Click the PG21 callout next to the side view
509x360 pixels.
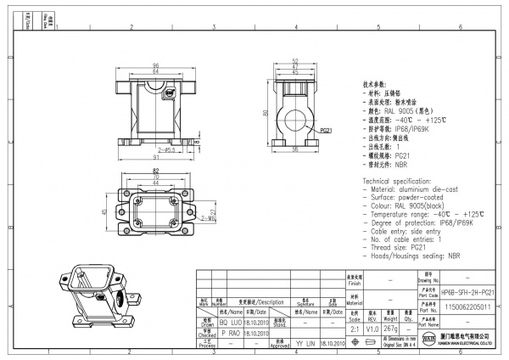point(326,132)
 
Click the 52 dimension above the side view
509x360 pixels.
point(295,61)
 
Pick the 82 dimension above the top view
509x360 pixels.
point(156,172)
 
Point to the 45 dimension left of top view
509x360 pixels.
point(103,212)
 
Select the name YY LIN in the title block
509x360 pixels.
point(303,345)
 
